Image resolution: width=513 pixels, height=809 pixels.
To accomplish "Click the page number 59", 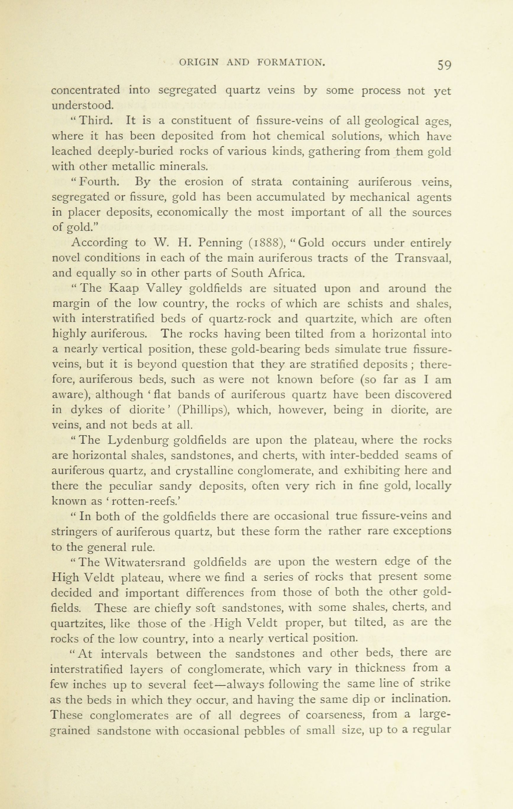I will click(444, 65).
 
